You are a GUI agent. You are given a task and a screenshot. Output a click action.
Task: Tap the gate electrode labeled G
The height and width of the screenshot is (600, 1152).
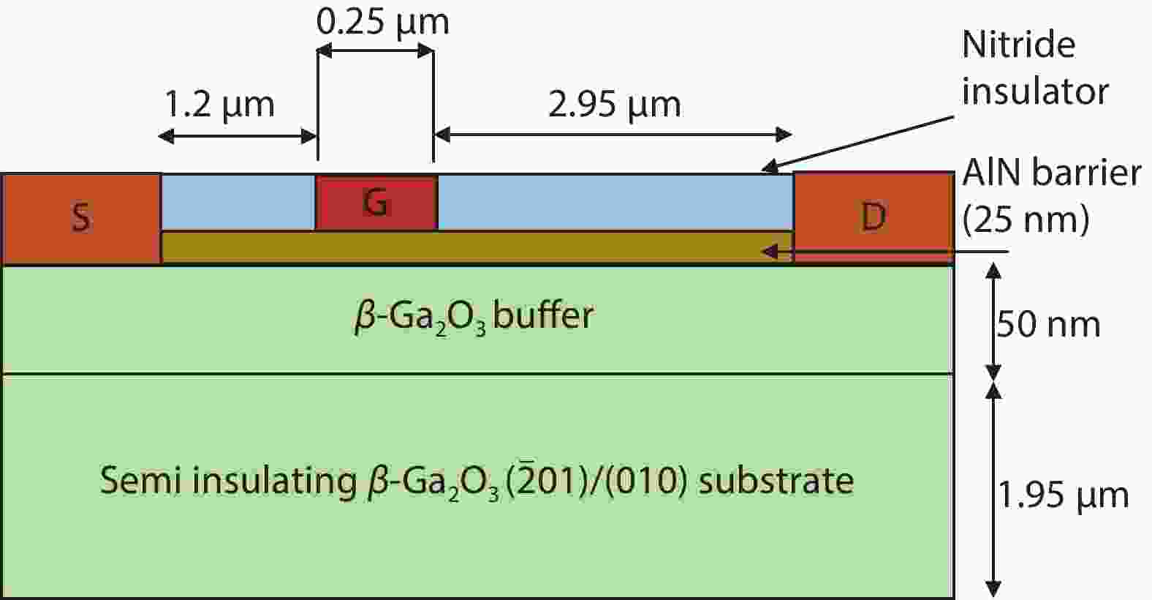(376, 203)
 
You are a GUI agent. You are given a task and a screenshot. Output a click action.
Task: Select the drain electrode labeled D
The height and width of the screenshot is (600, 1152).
(874, 217)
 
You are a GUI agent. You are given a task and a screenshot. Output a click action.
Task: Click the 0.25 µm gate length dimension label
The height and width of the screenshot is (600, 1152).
(382, 23)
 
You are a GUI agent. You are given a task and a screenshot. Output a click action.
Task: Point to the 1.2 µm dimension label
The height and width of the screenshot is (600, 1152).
(219, 105)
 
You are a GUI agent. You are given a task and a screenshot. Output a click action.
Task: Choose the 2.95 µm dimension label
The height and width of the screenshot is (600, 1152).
(615, 105)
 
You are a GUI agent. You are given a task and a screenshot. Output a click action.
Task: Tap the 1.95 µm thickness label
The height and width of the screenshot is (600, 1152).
(1064, 495)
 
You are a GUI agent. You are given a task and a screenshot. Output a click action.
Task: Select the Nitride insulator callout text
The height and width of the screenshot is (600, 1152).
(1035, 68)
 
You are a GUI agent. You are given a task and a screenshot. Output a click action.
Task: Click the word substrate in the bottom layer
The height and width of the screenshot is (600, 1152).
(776, 481)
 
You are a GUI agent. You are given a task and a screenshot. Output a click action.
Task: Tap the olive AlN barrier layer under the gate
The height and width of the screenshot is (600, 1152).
(477, 247)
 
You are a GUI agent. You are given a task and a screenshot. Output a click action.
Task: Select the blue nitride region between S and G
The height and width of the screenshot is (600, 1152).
(238, 202)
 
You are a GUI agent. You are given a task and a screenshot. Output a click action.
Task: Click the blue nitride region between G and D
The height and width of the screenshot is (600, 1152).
(615, 202)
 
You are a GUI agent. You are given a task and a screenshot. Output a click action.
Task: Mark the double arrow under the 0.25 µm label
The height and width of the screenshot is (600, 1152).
(376, 50)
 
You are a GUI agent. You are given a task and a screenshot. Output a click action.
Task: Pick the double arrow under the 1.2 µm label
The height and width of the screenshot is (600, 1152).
(237, 137)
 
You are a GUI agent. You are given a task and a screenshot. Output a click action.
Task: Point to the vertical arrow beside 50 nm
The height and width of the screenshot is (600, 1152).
(993, 321)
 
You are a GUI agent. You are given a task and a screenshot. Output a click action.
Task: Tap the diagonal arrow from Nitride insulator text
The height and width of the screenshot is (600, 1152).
(858, 143)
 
